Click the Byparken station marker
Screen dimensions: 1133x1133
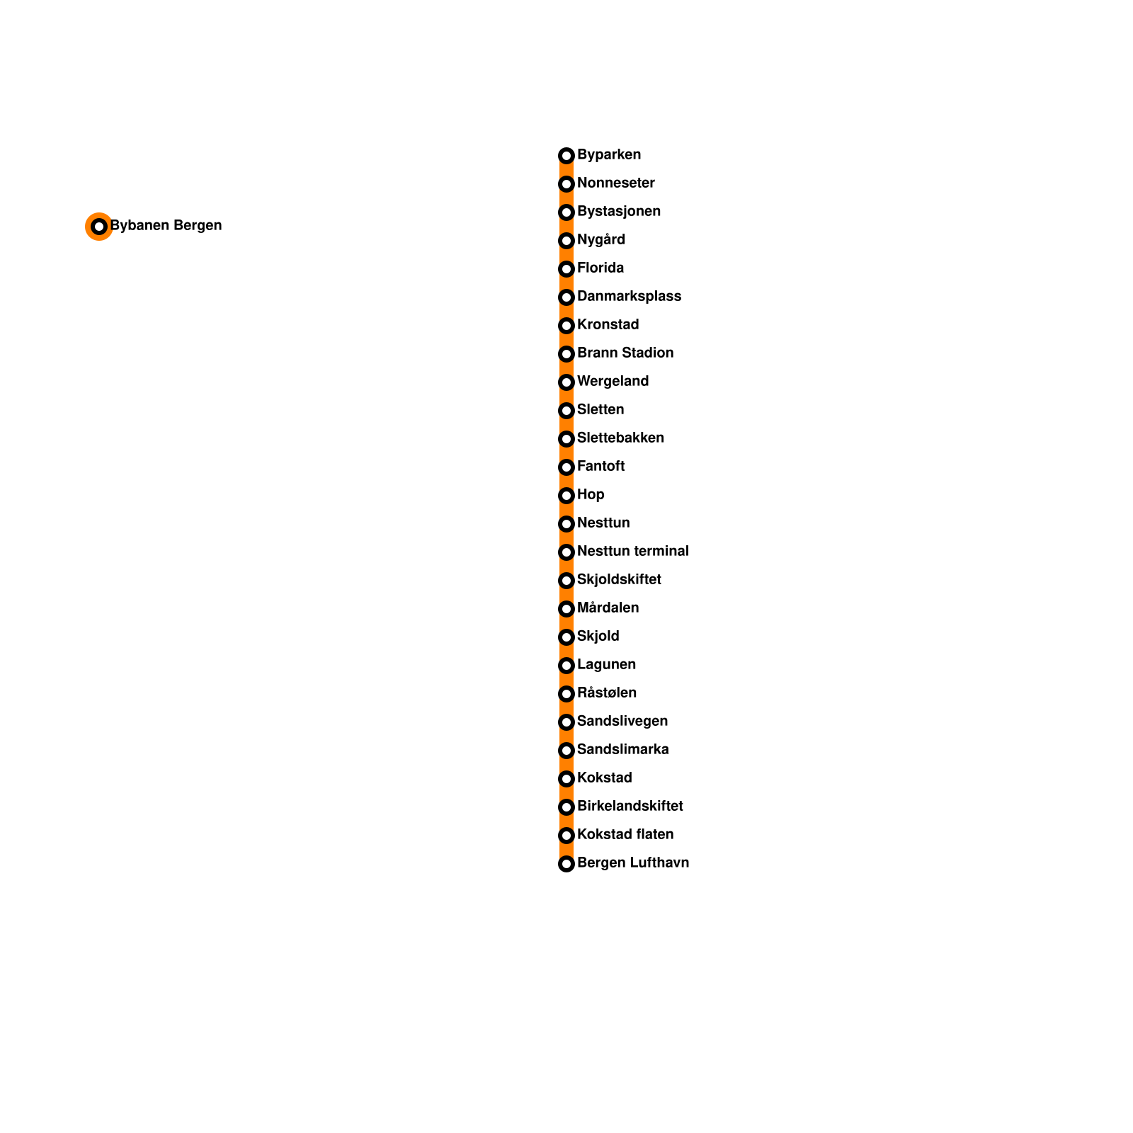[x=566, y=156]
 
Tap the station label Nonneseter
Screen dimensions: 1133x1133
[x=615, y=183]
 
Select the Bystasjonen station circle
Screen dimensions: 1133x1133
[x=566, y=212]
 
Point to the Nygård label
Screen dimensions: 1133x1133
[x=600, y=240]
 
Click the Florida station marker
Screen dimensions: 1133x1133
[x=566, y=269]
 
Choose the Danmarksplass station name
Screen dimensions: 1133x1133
[x=629, y=297]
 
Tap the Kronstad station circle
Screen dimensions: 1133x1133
[x=566, y=326]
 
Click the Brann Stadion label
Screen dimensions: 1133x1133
[x=625, y=353]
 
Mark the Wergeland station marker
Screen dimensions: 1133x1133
[x=566, y=382]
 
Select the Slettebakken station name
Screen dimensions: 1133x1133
[x=620, y=438]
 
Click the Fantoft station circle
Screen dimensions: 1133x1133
[x=566, y=467]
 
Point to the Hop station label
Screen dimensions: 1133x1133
[x=591, y=495]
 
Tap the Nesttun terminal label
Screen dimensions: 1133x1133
[x=632, y=552]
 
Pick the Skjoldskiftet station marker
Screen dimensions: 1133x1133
[x=566, y=581]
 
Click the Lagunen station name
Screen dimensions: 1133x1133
[x=606, y=665]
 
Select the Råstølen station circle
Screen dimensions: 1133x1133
[x=566, y=694]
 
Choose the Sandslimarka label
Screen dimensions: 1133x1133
[x=622, y=750]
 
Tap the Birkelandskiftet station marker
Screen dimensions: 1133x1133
[x=566, y=807]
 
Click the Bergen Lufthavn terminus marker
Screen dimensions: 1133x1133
[x=566, y=864]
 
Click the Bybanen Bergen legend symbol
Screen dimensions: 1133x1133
[x=99, y=227]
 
